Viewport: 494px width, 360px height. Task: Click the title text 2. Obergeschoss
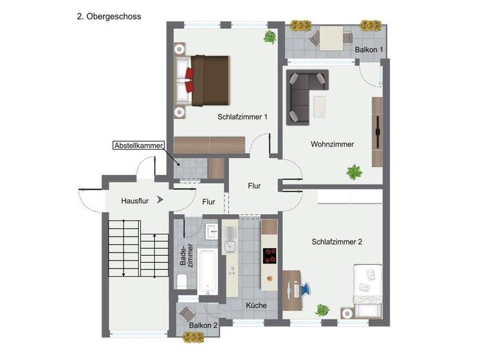click(109, 16)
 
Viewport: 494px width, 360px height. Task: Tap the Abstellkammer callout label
click(138, 145)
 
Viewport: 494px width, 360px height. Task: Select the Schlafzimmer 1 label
click(242, 117)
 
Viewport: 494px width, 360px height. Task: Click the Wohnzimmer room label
click(332, 144)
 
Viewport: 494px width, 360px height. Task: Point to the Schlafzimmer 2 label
click(337, 242)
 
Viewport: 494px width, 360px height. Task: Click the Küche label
click(256, 305)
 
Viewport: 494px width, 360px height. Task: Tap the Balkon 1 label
click(369, 50)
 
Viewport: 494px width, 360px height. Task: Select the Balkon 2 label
click(203, 325)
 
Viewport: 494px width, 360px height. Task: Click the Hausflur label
click(135, 201)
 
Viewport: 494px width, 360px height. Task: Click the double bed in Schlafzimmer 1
click(207, 80)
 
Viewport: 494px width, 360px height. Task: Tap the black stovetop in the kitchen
click(270, 256)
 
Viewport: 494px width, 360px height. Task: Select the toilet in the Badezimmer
click(181, 280)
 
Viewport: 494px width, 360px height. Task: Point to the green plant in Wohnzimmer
click(354, 172)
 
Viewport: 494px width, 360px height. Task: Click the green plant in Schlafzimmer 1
click(270, 38)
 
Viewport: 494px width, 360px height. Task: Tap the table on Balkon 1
click(332, 37)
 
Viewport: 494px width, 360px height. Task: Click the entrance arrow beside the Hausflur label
click(160, 201)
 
